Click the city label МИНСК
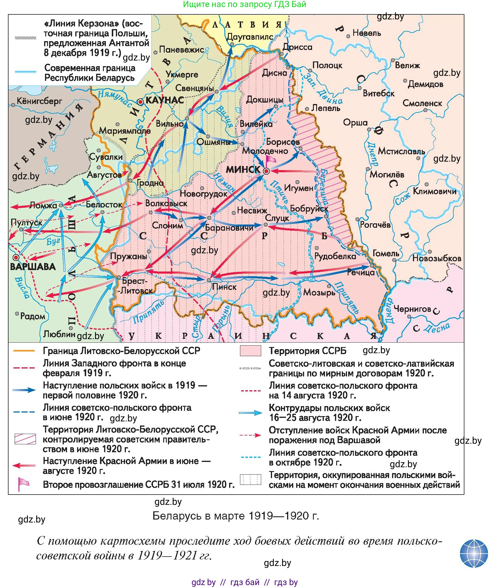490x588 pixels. [243, 169]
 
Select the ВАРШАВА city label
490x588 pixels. [33, 267]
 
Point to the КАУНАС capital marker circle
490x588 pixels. [141, 102]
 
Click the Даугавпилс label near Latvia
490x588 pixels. [250, 37]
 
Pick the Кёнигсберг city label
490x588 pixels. [39, 101]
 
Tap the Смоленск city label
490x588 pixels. [422, 103]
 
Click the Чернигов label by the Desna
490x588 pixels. [412, 309]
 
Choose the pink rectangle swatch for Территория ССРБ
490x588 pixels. [250, 351]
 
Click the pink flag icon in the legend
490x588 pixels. [23, 484]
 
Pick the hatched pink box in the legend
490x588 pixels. [25, 439]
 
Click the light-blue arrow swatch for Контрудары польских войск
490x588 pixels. [250, 413]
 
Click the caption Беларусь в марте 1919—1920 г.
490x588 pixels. [236, 516]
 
